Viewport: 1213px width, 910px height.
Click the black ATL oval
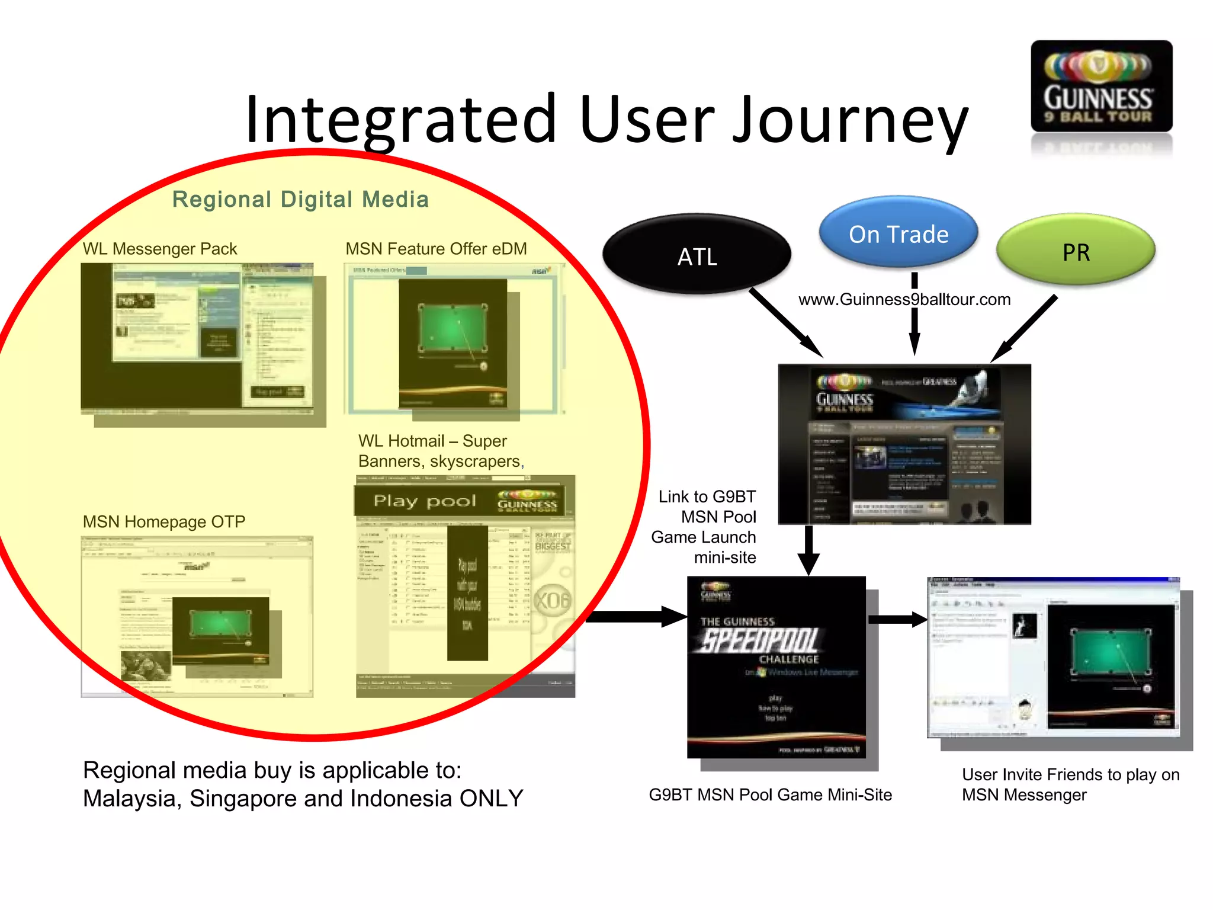(697, 255)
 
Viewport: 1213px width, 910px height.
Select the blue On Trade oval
(898, 233)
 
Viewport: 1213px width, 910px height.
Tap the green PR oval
(1076, 251)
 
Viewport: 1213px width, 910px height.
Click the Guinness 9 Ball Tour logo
(1101, 87)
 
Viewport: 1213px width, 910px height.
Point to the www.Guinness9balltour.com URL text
(904, 300)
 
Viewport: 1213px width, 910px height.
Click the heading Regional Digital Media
(300, 200)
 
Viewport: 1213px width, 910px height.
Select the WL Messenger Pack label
(160, 249)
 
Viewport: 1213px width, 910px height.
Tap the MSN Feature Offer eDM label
(436, 249)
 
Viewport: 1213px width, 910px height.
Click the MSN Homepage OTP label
(164, 522)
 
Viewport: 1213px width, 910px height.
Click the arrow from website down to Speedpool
(808, 549)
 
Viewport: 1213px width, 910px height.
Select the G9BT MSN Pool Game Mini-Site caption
(770, 795)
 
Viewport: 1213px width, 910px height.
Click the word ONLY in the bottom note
(491, 799)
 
